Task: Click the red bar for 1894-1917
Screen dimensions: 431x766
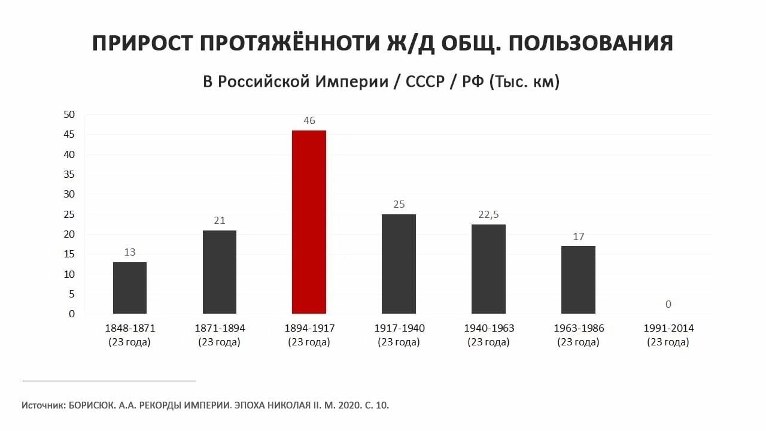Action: tap(309, 221)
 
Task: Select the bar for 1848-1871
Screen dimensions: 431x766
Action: tap(130, 287)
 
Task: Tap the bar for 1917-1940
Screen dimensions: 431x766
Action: tap(399, 263)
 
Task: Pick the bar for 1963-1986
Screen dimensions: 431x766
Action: tap(578, 280)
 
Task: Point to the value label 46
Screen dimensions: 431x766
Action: tap(309, 121)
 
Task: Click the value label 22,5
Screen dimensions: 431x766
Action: tap(488, 215)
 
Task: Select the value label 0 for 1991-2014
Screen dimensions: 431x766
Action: tap(668, 304)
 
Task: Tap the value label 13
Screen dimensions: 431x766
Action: tap(130, 253)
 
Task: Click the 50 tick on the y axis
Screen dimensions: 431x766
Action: tap(69, 114)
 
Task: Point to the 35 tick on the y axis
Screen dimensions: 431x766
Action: tap(69, 174)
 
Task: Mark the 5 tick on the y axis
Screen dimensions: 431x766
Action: tap(72, 294)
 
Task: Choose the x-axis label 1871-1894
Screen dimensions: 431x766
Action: tap(220, 329)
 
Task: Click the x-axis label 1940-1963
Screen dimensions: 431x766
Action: tap(489, 329)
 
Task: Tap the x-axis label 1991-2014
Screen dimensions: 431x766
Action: tap(668, 329)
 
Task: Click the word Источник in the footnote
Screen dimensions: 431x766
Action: tap(43, 405)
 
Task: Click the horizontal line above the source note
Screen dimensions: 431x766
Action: tap(110, 380)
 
